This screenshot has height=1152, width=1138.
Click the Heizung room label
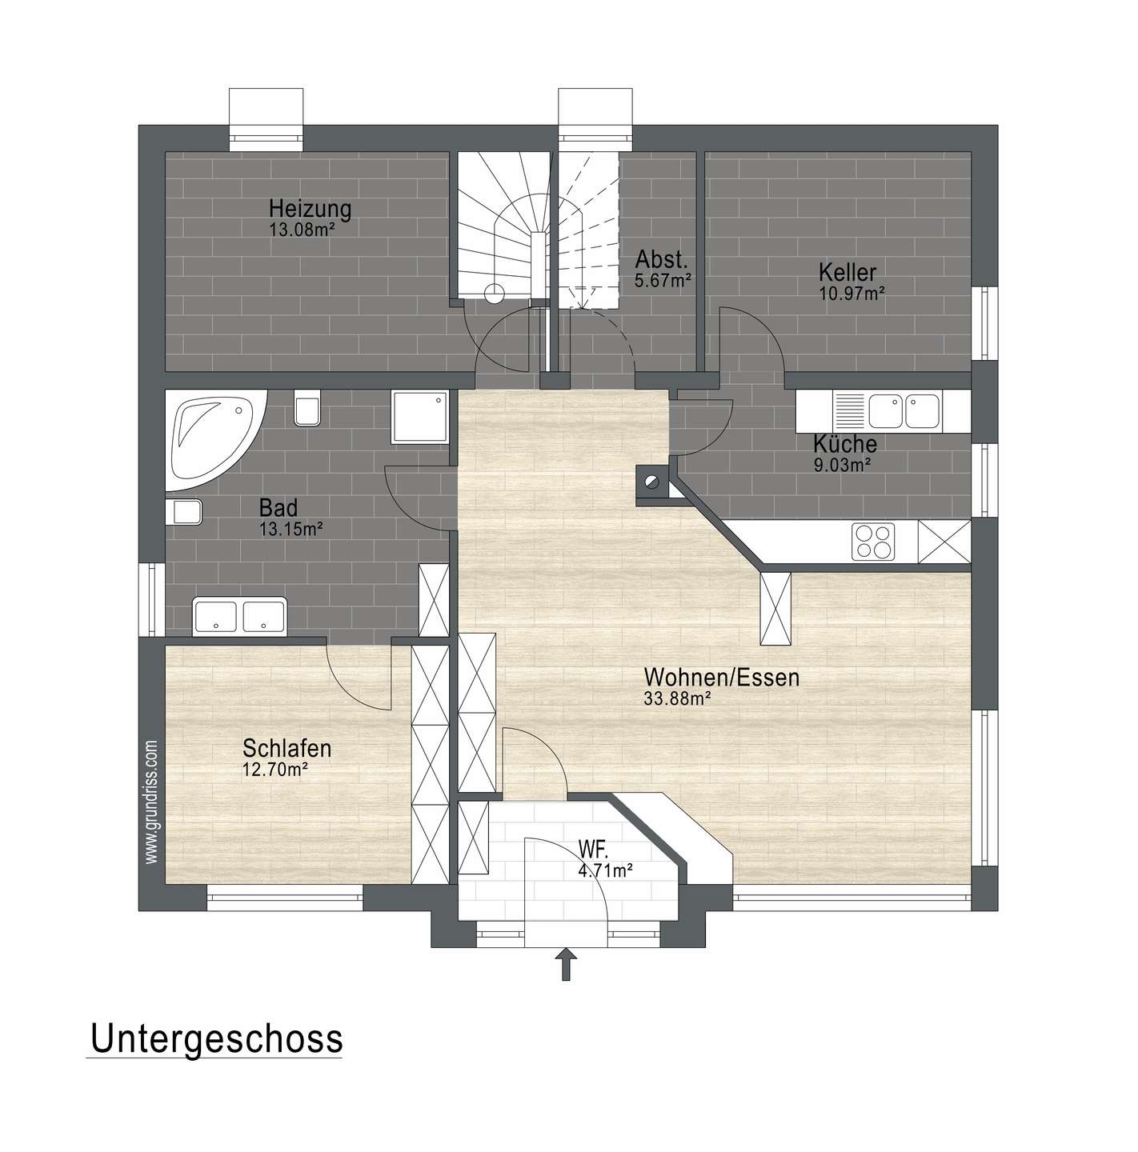click(310, 209)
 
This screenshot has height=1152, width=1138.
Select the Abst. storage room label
click(662, 259)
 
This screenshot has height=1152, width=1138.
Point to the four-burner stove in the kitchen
click(874, 542)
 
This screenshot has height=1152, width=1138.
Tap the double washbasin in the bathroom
click(239, 616)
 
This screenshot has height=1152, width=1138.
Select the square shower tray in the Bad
click(420, 418)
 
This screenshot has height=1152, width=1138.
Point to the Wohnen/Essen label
click(722, 678)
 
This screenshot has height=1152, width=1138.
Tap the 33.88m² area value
click(677, 698)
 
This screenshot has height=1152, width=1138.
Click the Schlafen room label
click(287, 748)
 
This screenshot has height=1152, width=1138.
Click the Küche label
click(845, 444)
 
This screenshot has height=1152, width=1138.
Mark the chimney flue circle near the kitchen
click(650, 481)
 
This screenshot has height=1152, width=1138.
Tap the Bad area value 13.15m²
click(291, 529)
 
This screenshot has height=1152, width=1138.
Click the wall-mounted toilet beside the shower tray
click(308, 408)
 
